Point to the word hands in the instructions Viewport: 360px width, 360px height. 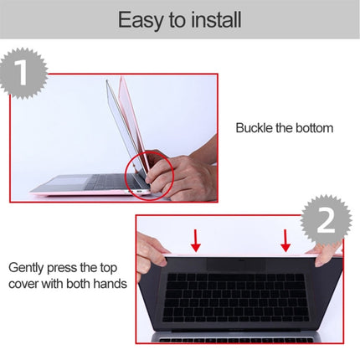[109, 284]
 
